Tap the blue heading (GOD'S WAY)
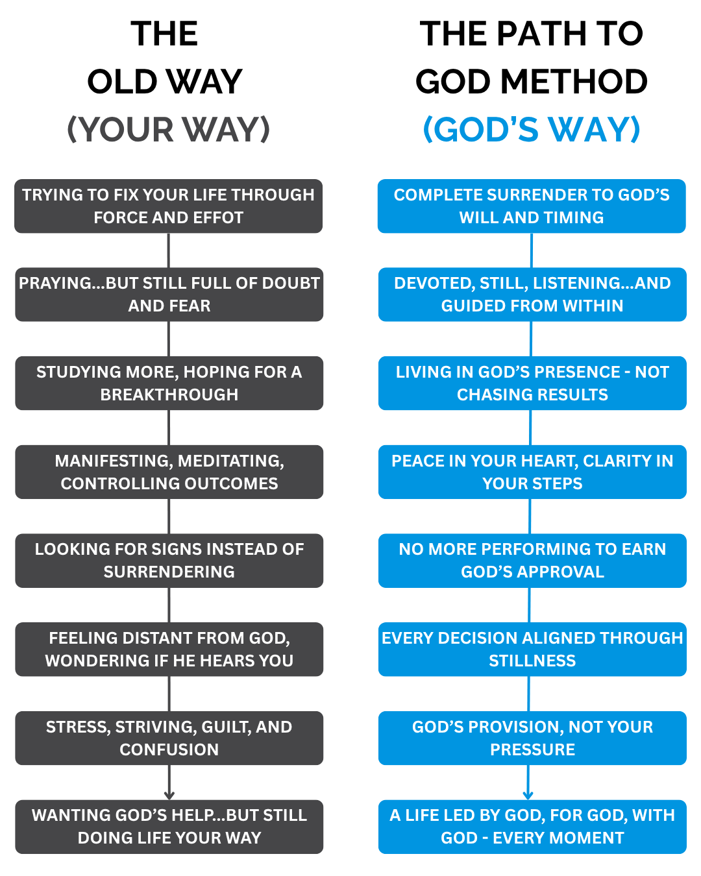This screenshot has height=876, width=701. click(x=532, y=129)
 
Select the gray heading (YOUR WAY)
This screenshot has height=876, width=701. click(x=168, y=129)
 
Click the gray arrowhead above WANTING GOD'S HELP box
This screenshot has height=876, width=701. click(x=169, y=795)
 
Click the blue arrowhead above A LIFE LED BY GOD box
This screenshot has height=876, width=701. click(x=528, y=795)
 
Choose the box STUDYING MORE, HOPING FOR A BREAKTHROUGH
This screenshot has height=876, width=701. click(x=169, y=383)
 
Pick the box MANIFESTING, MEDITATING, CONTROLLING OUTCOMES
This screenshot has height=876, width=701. click(x=169, y=472)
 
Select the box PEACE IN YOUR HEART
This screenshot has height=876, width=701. click(x=532, y=472)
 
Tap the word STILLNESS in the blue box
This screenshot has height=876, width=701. click(x=532, y=661)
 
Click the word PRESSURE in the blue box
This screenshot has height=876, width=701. click(x=532, y=749)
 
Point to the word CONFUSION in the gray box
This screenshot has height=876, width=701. click(x=169, y=749)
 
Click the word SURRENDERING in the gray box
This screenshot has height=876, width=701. click(x=169, y=572)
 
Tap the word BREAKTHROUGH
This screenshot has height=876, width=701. click(x=169, y=395)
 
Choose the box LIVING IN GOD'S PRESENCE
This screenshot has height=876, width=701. click(x=532, y=383)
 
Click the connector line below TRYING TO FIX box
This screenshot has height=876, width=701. click(x=169, y=250)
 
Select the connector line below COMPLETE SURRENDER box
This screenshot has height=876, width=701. click(x=532, y=250)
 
